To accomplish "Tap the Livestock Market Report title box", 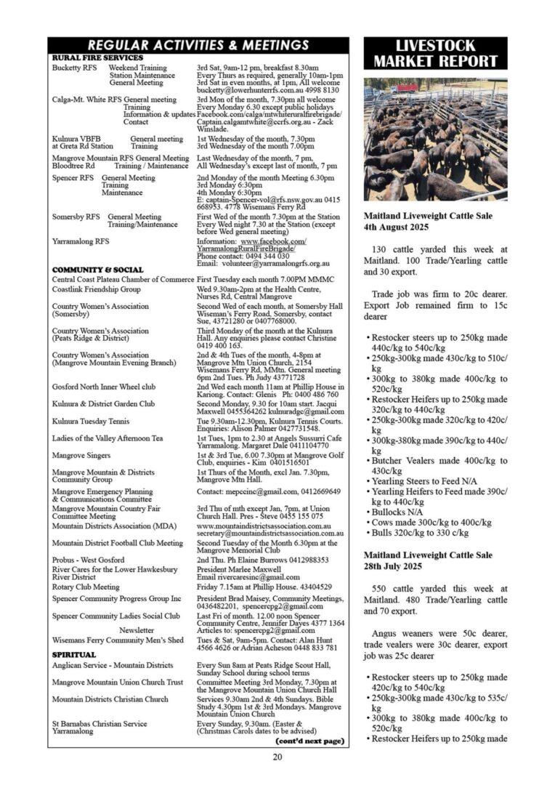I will coord(435,54).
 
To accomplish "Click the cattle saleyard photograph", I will coord(435,140).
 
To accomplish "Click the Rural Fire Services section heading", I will coord(97,57).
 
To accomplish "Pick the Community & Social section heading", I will coord(98,270).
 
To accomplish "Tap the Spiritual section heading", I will coord(74,655).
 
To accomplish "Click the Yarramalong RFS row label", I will coord(81,241).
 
